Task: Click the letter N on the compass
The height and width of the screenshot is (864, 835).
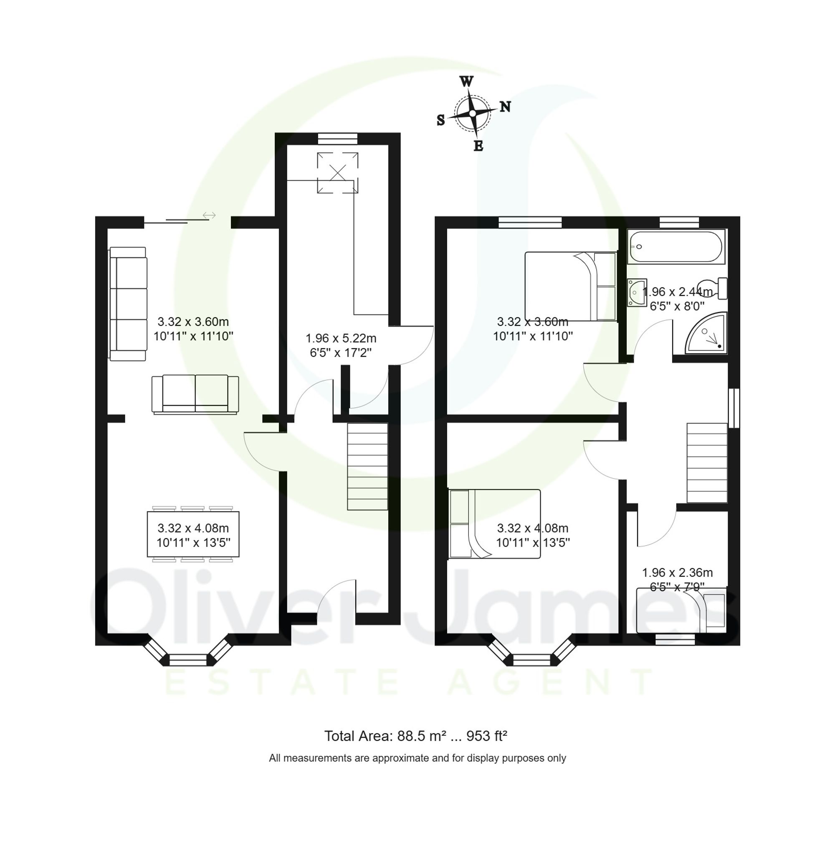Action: [x=505, y=106]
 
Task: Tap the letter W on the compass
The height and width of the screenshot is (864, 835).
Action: [x=466, y=81]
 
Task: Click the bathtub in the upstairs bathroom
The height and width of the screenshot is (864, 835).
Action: [x=676, y=247]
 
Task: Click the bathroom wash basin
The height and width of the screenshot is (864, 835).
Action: [x=636, y=292]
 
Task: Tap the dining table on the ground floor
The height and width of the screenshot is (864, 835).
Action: [x=193, y=534]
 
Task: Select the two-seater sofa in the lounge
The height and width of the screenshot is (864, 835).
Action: [x=195, y=394]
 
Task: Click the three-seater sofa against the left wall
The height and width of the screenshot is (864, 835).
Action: [x=128, y=304]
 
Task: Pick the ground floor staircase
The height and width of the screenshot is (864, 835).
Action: [x=367, y=466]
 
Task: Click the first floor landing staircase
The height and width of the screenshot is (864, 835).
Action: [x=706, y=462]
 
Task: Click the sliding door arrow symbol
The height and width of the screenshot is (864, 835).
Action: [x=209, y=215]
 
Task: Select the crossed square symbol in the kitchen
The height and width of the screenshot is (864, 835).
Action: [x=337, y=172]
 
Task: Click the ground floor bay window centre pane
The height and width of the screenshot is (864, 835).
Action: [x=188, y=659]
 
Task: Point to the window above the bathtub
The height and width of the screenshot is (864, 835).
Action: [x=678, y=222]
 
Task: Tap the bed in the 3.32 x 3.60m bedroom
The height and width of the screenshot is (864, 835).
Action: [x=570, y=286]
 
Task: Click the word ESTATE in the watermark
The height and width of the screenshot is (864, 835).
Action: [x=282, y=682]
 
